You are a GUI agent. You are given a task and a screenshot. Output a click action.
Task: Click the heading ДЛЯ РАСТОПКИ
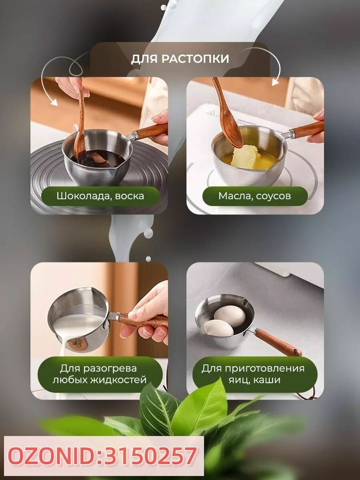(x=180, y=59)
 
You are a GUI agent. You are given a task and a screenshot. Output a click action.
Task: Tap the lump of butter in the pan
(x=246, y=156)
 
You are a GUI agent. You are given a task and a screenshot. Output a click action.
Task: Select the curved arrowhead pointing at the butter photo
(x=276, y=82)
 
